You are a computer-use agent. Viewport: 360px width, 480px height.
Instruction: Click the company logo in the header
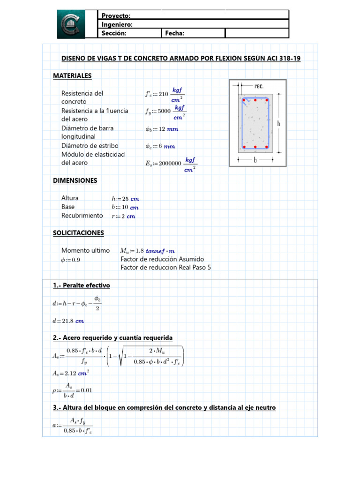point(71,24)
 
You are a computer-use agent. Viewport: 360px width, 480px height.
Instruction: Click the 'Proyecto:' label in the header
point(116,16)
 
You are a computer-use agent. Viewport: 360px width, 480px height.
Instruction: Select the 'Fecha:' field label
point(174,33)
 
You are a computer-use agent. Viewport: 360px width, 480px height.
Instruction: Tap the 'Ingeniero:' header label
point(117,24)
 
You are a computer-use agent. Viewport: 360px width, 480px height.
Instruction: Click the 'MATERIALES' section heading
point(72,75)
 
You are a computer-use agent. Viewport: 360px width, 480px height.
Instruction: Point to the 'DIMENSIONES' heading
point(75,180)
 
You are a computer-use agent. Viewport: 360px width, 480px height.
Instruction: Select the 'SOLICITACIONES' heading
point(78,232)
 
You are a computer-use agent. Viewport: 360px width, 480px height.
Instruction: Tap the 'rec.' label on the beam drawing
point(259,86)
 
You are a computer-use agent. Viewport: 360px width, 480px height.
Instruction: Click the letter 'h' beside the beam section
point(278,123)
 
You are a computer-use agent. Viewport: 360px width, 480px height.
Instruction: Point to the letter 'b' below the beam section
point(255,160)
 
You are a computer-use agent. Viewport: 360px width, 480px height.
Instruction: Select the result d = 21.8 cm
point(68,321)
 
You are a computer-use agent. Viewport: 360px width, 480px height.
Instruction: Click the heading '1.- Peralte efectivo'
point(82,285)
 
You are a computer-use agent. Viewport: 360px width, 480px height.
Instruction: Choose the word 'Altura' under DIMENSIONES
point(70,198)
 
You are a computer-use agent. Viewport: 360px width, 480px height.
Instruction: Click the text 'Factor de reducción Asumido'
point(162,259)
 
